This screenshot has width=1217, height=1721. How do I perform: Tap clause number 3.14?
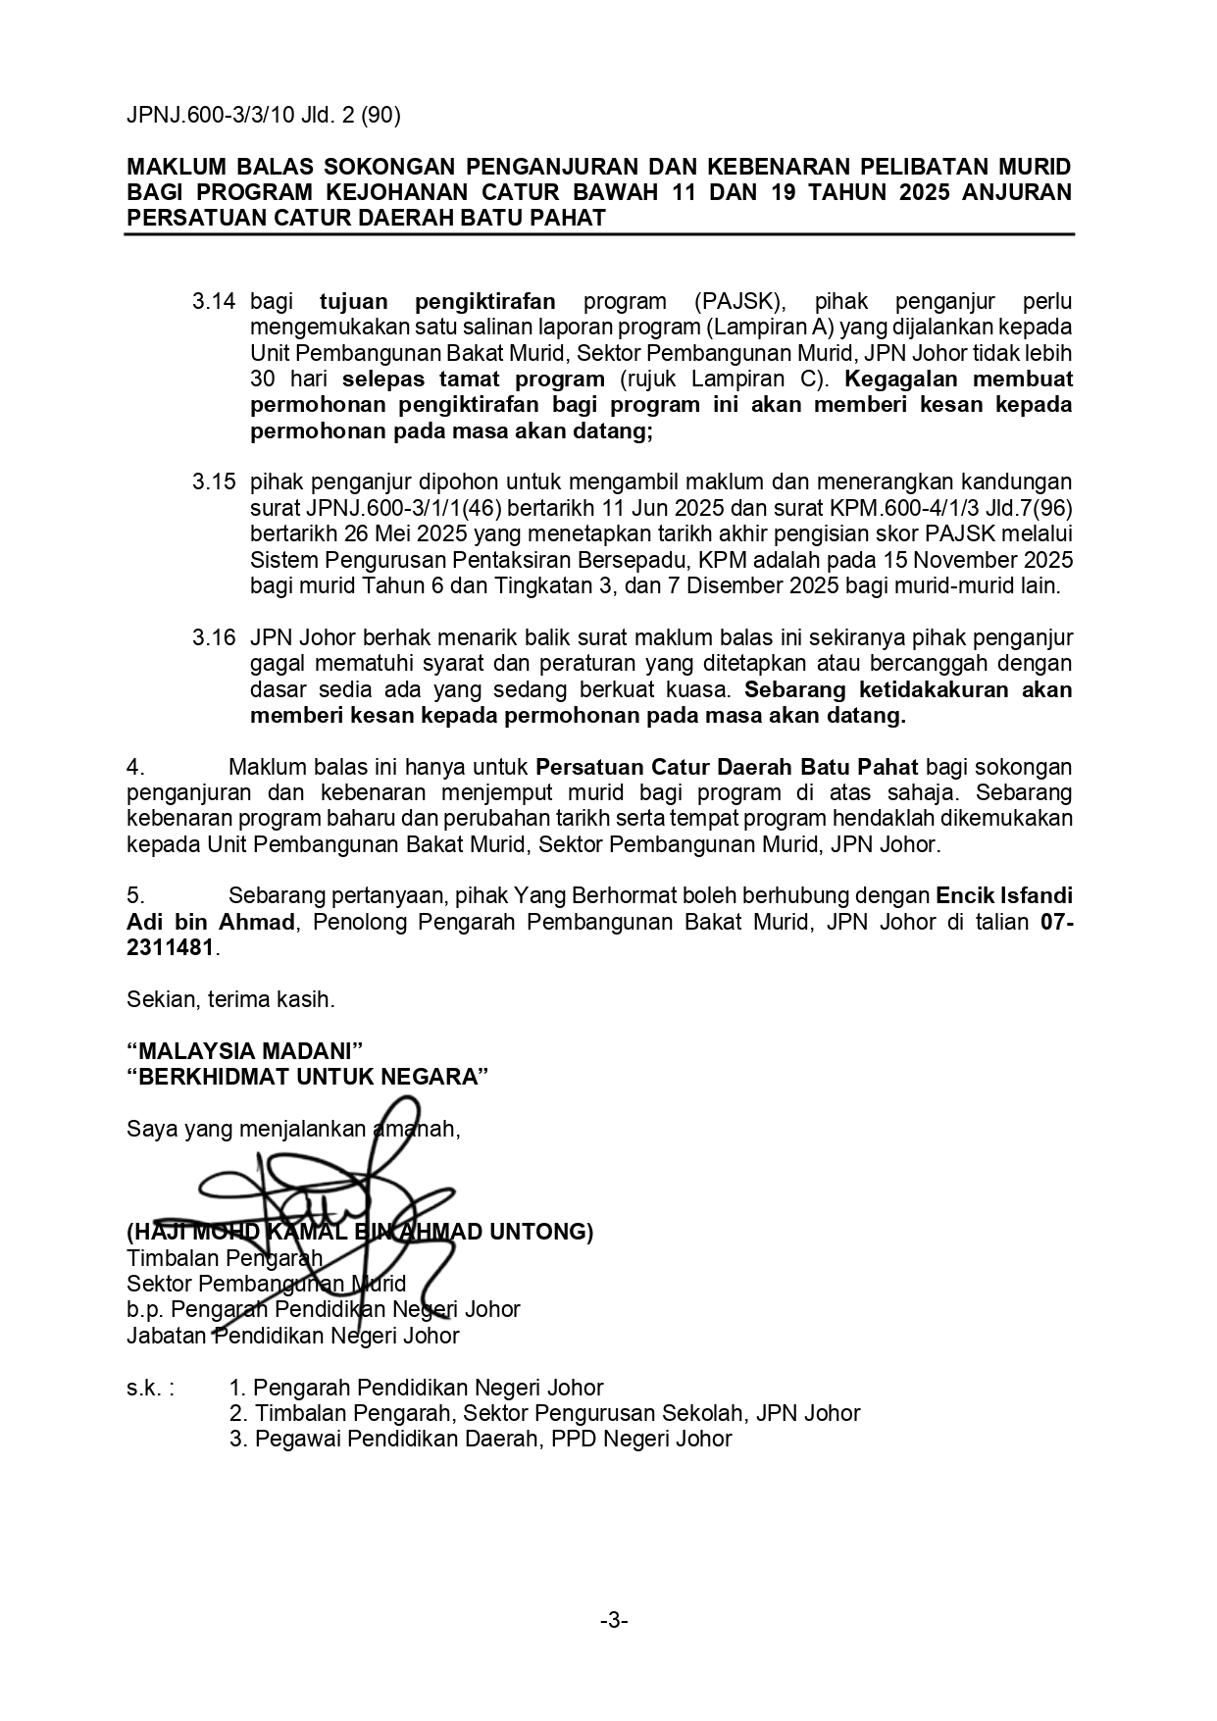point(214,301)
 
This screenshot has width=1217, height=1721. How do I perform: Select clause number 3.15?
point(214,481)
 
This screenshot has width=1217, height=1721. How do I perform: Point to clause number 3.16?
point(214,637)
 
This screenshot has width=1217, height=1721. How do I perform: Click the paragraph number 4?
point(135,767)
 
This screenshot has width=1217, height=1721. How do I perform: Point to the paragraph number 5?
point(135,896)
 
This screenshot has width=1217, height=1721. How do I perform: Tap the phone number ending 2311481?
point(169,948)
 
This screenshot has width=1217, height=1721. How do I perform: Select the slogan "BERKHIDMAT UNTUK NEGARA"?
point(307,1077)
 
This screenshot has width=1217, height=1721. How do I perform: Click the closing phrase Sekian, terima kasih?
point(230,1000)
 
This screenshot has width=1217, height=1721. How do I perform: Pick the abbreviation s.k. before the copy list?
point(150,1388)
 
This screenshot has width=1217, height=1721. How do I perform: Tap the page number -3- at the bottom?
point(614,1621)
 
